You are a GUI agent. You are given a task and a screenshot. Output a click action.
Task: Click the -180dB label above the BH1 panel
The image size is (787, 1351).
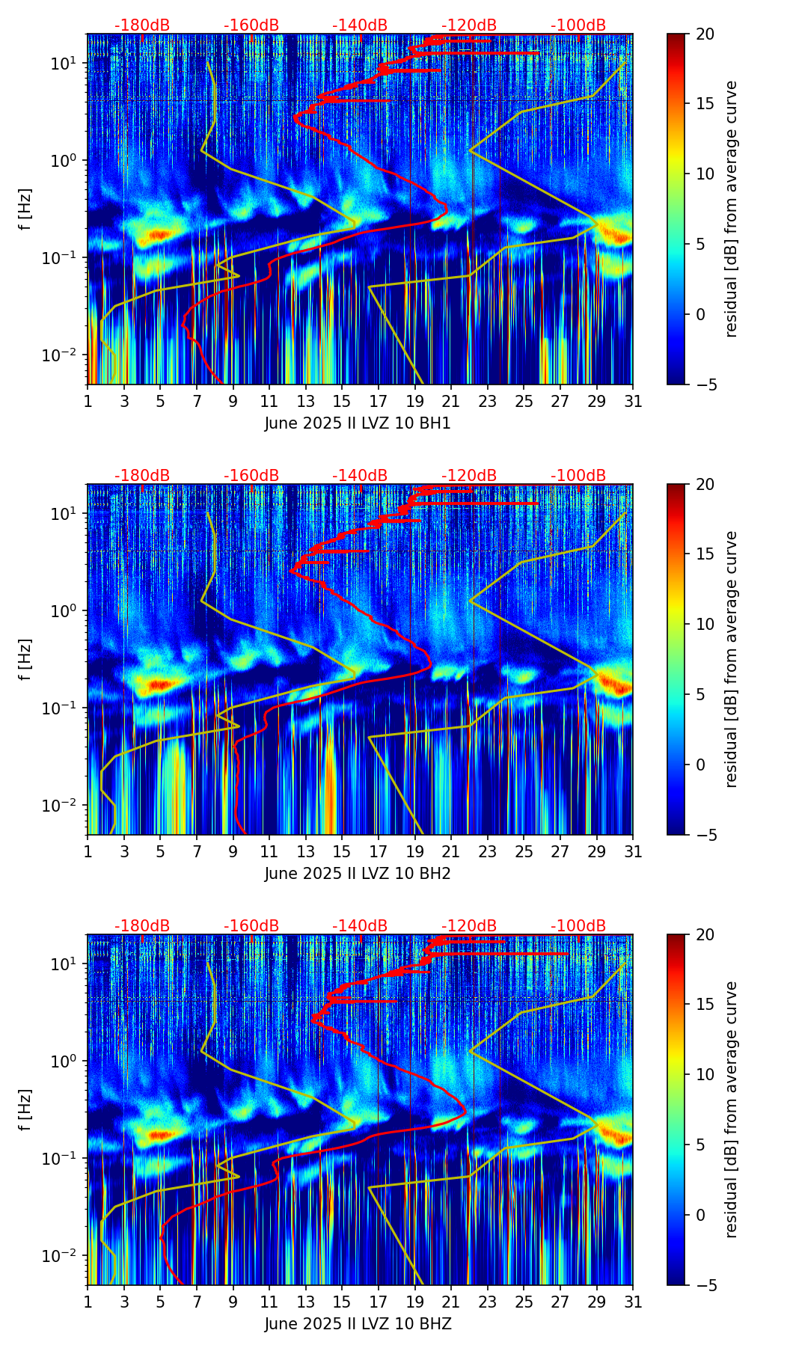142,25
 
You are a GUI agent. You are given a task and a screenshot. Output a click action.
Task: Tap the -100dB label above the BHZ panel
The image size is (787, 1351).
578,926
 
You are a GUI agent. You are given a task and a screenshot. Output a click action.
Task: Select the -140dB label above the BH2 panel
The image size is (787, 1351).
360,476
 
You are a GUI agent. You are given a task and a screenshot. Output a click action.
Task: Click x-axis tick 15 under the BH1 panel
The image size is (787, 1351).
342,401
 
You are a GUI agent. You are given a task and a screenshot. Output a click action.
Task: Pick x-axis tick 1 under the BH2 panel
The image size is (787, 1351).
88,851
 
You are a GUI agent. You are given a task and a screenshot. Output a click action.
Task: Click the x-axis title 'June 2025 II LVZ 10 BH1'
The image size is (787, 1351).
358,423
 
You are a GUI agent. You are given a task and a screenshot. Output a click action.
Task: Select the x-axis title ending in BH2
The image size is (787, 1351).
358,874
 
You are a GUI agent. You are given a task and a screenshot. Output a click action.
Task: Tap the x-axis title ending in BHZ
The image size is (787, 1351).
358,1324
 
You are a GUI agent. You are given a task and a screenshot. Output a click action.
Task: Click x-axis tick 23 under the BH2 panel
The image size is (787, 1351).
487,851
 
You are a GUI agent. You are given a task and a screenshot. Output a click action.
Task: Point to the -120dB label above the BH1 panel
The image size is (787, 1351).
469,25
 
